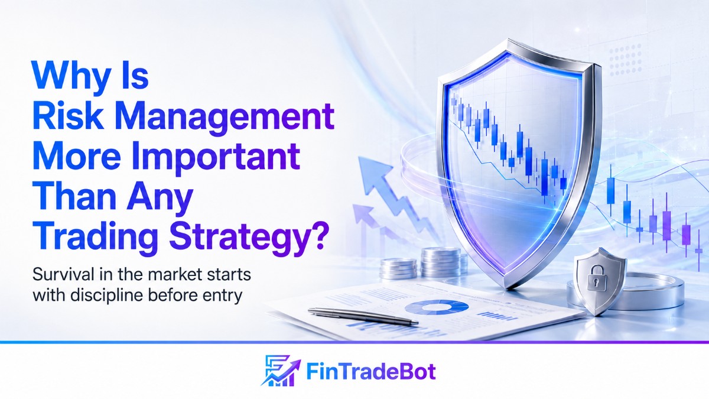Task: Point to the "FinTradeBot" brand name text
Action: coord(371,372)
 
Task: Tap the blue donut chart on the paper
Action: coord(437,307)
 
